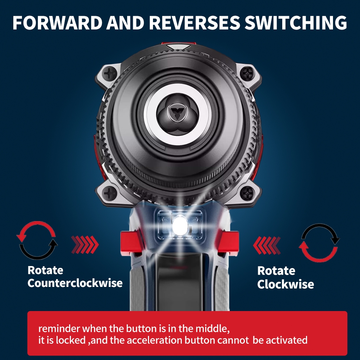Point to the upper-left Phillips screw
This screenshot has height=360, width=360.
coord(109,75)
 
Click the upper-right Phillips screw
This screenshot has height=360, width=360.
coord(247,74)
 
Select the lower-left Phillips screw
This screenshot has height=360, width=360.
coord(109,194)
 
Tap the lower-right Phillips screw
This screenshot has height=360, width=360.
coord(247,193)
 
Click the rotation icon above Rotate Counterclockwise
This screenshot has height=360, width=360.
coord(37,240)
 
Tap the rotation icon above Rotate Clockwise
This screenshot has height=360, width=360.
coord(319,242)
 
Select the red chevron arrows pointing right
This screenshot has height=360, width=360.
coord(85,245)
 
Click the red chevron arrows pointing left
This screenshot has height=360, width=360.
coord(267,245)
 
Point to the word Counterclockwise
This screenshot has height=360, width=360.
coord(75,283)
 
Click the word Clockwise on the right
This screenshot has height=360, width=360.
coord(285,284)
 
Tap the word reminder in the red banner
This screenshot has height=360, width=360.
coord(59,329)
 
